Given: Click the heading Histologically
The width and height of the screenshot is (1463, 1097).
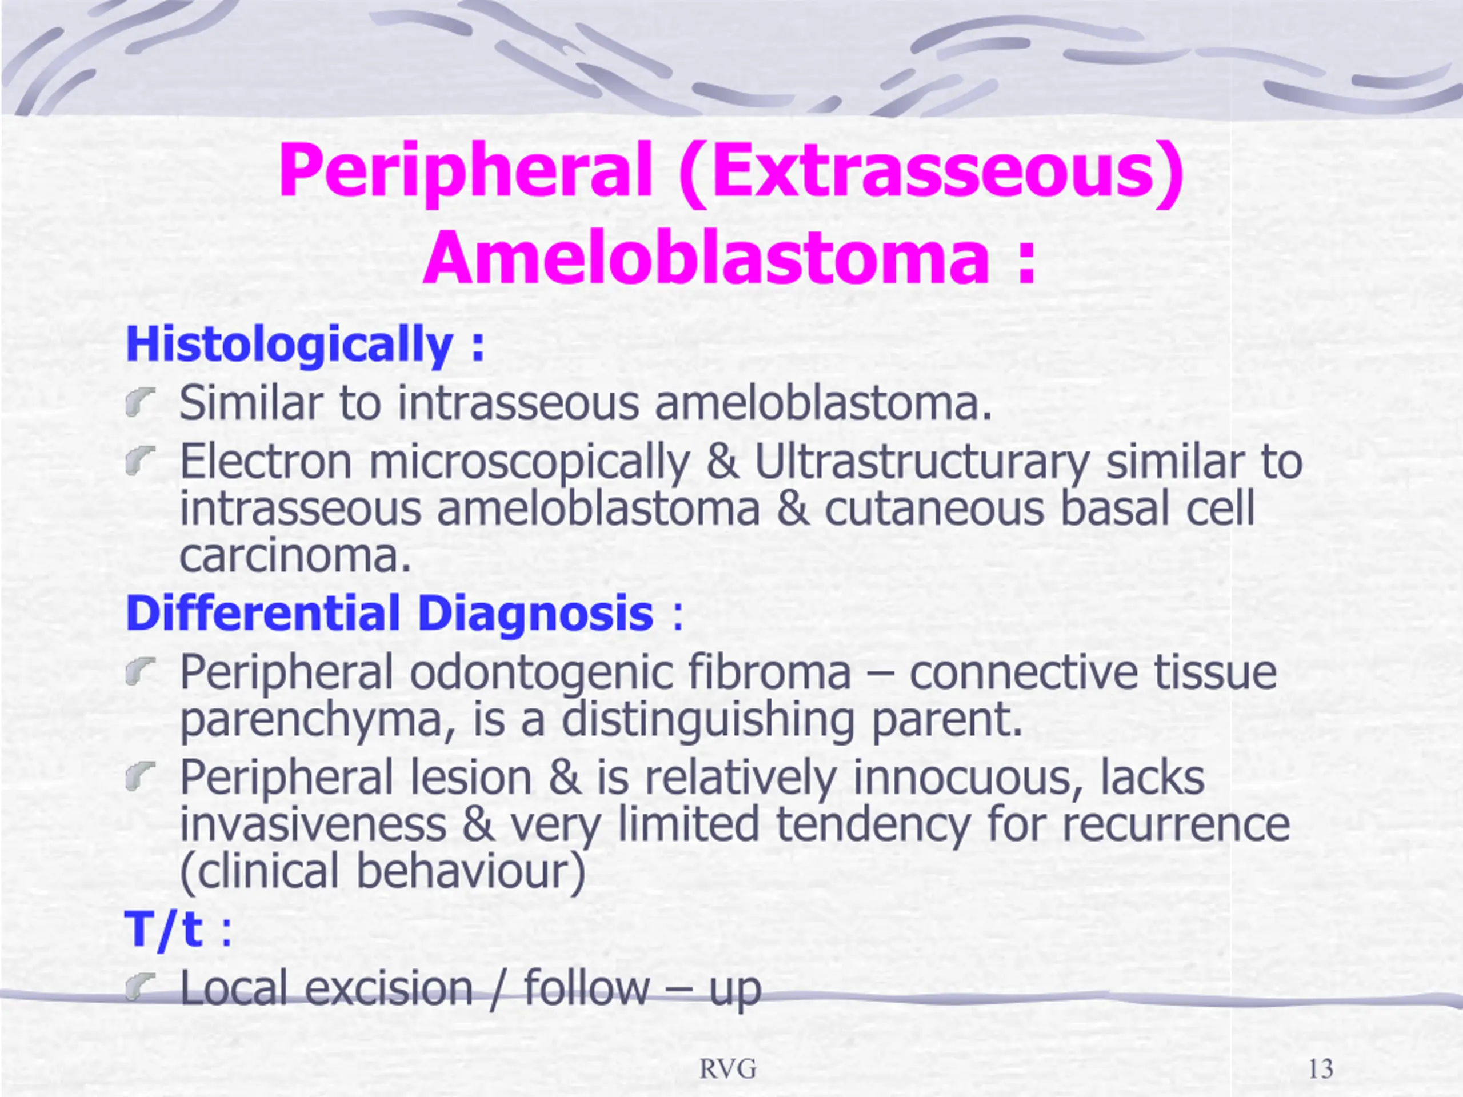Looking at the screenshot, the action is (290, 345).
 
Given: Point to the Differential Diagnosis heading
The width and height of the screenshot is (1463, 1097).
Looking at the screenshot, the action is (390, 613).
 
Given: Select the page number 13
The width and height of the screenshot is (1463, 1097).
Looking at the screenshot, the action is (1321, 1068).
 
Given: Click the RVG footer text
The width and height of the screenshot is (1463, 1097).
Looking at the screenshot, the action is (728, 1068).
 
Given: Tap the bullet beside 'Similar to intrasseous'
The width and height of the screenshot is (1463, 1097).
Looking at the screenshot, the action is (139, 403).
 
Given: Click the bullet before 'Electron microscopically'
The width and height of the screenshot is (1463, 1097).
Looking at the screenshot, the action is (139, 460).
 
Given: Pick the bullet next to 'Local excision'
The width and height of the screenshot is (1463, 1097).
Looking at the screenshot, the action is (139, 987).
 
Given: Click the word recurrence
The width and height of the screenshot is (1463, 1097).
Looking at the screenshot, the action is (1176, 824).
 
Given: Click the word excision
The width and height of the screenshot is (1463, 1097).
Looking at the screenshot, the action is (390, 988).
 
